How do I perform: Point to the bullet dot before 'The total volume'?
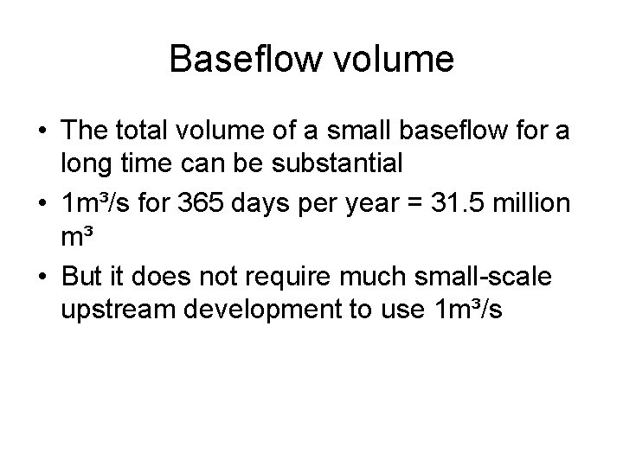(42, 134)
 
